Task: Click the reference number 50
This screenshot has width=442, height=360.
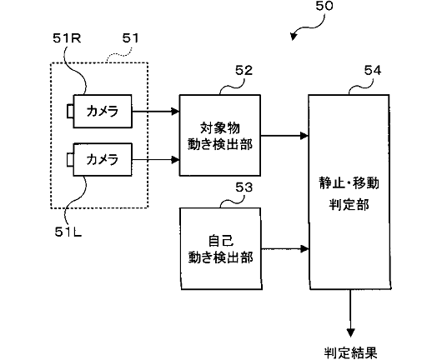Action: click(324, 6)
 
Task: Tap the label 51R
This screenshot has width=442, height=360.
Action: click(67, 38)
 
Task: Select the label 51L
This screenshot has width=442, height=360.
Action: click(68, 232)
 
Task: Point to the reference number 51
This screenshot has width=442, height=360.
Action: click(130, 38)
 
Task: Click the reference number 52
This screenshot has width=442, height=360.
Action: click(244, 71)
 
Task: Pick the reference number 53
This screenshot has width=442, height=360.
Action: click(244, 187)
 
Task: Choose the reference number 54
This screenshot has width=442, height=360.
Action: click(373, 71)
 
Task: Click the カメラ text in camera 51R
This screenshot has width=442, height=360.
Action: click(103, 111)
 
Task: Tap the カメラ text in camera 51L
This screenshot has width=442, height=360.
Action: click(103, 159)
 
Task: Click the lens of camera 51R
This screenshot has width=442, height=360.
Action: click(70, 111)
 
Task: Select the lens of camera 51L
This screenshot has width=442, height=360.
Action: click(70, 159)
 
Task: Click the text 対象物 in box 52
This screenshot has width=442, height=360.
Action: click(220, 127)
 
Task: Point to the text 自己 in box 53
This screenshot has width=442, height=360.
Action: click(221, 241)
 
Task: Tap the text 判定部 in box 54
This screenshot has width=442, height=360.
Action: click(349, 204)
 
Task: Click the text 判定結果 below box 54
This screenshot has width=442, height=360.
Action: click(350, 352)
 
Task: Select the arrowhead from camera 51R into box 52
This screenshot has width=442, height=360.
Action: click(176, 112)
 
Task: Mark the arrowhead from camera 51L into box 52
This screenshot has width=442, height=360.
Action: click(176, 160)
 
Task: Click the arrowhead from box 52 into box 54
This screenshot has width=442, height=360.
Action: click(304, 136)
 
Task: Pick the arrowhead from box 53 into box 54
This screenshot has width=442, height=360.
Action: click(304, 249)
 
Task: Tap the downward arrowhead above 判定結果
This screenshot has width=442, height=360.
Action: click(350, 332)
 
